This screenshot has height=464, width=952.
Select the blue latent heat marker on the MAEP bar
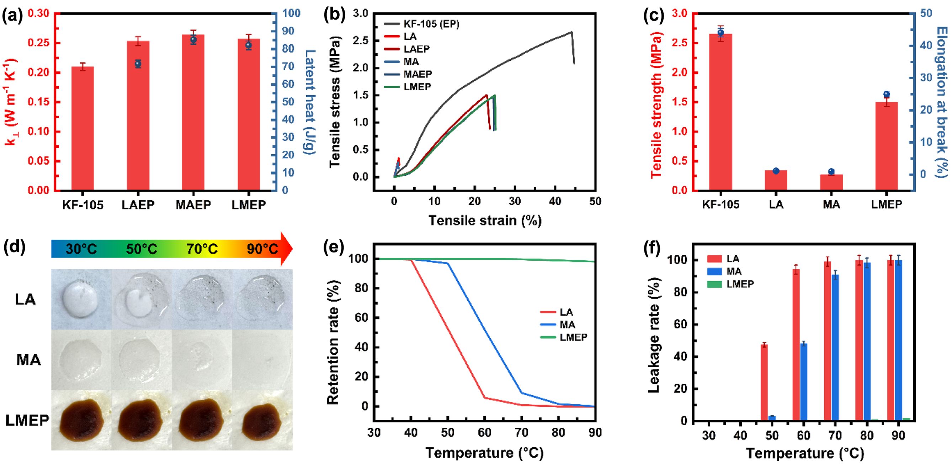[193, 39]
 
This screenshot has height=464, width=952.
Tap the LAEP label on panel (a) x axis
[138, 205]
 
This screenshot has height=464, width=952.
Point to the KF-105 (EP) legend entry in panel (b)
[421, 24]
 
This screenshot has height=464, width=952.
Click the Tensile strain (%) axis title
[485, 220]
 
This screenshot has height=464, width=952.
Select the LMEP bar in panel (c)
[886, 146]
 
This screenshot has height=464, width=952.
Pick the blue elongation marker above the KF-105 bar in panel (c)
[720, 33]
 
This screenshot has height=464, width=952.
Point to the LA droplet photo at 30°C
[81, 299]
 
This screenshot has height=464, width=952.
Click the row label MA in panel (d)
[28, 359]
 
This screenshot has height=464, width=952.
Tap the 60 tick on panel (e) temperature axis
[484, 433]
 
